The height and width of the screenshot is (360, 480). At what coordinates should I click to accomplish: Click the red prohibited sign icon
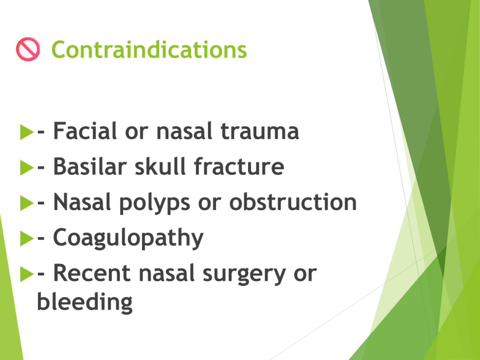(x=28, y=49)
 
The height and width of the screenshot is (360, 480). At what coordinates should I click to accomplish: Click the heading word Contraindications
(x=149, y=50)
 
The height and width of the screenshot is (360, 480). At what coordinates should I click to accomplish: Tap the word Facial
(x=85, y=131)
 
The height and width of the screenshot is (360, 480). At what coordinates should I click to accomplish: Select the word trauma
(x=260, y=131)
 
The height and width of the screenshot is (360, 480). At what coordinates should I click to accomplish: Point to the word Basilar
(x=90, y=166)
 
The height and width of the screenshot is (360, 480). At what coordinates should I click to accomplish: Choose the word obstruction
(x=293, y=202)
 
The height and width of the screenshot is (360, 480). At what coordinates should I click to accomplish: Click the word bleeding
(x=85, y=302)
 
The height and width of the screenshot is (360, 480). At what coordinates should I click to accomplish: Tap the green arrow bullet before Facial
(x=27, y=132)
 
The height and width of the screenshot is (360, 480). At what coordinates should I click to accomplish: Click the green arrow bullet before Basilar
(x=27, y=167)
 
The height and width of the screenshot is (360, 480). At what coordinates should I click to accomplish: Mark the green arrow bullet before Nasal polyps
(x=27, y=203)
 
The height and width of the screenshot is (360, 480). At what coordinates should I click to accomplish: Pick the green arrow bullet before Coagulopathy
(x=27, y=239)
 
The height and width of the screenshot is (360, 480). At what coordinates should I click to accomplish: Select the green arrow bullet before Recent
(x=27, y=274)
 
